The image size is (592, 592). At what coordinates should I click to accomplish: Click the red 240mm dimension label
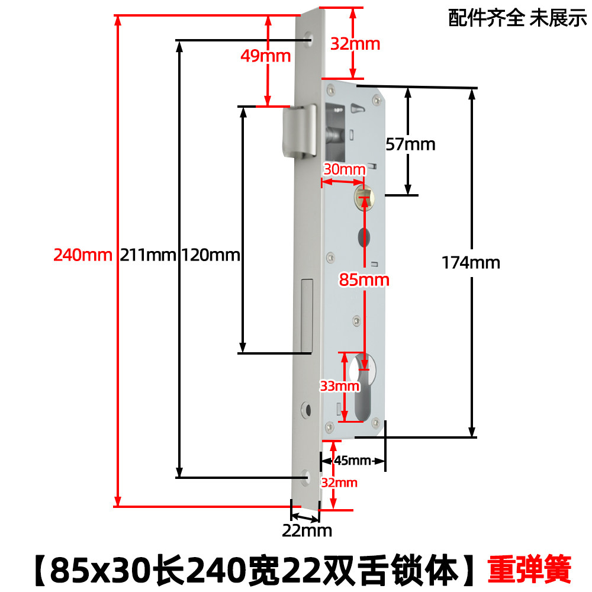[x=83, y=255]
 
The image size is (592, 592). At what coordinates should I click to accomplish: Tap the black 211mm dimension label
[x=149, y=255]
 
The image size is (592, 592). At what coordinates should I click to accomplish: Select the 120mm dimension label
[x=211, y=255]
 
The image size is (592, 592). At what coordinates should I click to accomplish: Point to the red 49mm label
[x=266, y=56]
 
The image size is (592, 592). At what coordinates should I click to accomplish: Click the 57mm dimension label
[x=410, y=144]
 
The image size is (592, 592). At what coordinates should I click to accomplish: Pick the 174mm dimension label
[x=471, y=262]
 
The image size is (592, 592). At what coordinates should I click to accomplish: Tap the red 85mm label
[x=363, y=279]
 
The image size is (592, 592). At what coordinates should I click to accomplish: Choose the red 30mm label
[x=344, y=169]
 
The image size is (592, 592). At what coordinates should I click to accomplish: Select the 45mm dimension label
[x=352, y=461]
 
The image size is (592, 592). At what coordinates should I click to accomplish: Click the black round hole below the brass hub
[x=363, y=239]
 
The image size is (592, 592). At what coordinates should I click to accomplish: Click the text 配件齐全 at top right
[x=486, y=19]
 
